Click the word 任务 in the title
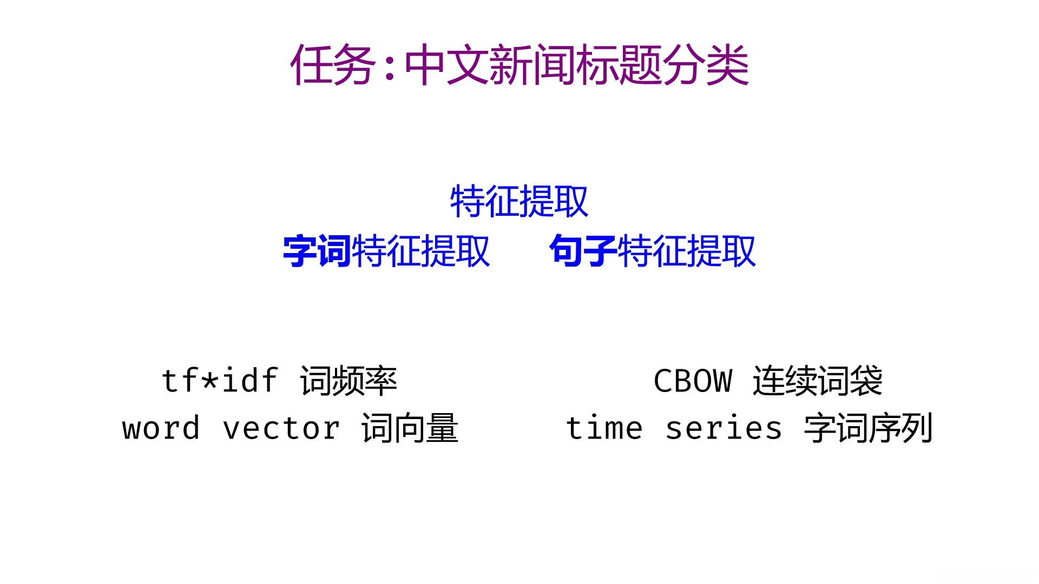coord(333,65)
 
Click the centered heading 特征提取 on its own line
coord(519,202)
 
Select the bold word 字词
coord(317,251)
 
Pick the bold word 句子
coord(583,251)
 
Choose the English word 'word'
coord(161,428)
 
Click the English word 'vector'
coord(281,428)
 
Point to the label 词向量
coord(410,428)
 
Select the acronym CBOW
coord(693,381)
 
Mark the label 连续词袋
coord(818,381)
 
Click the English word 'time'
coord(604,428)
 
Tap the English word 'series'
coord(724,428)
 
